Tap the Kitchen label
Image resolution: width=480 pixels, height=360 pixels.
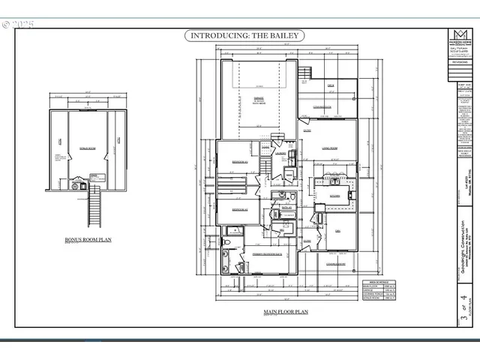click(334, 196)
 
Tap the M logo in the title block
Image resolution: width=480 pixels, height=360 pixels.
click(458, 34)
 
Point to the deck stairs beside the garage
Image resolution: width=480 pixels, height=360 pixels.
click(303, 73)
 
